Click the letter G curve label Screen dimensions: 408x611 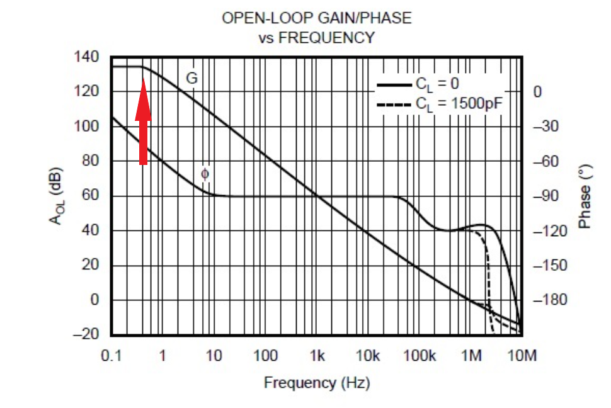click(191, 79)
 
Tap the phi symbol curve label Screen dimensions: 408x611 click(204, 173)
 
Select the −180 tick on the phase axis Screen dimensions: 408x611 click(545, 300)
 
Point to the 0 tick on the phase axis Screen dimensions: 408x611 click(537, 93)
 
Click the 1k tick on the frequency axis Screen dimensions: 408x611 click(317, 356)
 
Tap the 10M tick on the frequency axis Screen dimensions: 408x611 click(522, 356)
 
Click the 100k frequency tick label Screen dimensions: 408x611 click(420, 356)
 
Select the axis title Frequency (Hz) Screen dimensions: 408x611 click(316, 382)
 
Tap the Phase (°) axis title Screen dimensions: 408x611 click(585, 198)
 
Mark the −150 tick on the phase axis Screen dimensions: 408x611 click(545, 265)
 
